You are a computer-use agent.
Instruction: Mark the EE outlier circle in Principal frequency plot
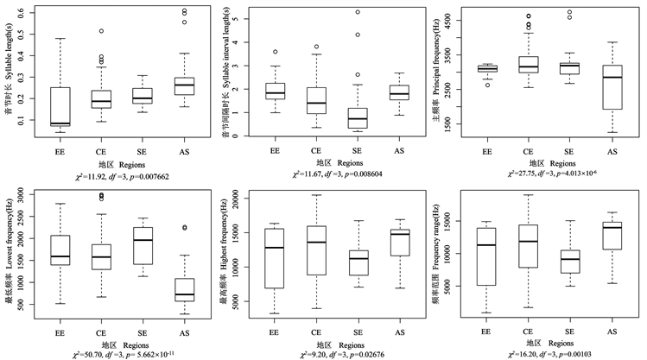pyautogui.click(x=487, y=85)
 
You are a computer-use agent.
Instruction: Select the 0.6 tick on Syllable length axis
pyautogui.click(x=29, y=13)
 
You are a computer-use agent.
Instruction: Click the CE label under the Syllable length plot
pyautogui.click(x=102, y=150)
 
